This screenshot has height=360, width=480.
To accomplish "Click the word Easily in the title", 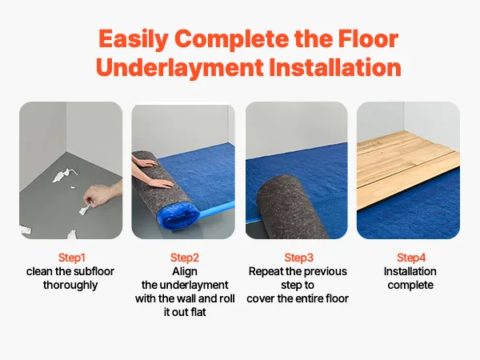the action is click(x=133, y=40).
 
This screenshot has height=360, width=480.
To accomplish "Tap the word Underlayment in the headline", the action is click(x=180, y=67).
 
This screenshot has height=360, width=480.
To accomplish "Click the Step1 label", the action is click(x=72, y=258).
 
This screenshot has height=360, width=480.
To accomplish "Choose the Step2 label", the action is click(x=185, y=258).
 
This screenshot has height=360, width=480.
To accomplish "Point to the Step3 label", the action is click(x=298, y=258).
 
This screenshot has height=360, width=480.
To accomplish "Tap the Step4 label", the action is click(x=411, y=258).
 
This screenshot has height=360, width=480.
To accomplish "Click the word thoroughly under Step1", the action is click(x=70, y=285).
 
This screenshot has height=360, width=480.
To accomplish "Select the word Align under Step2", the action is click(x=185, y=271).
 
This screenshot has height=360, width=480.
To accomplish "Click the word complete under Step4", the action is click(x=410, y=285).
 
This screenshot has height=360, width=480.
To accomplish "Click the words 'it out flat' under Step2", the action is click(x=185, y=312).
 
